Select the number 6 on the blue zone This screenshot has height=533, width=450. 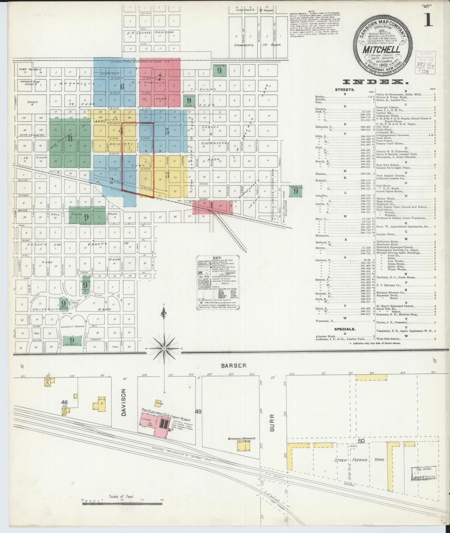(x=122, y=86)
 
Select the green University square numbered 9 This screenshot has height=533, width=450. (x=72, y=340)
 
